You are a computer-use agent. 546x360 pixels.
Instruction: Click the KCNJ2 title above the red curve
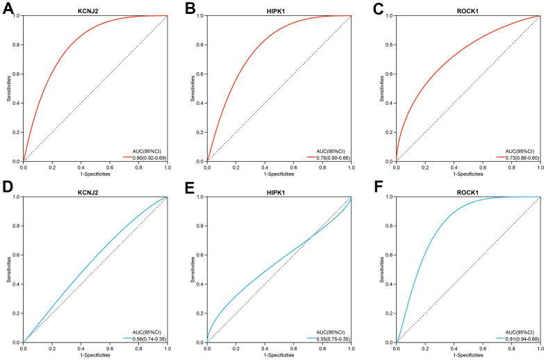tap(96, 7)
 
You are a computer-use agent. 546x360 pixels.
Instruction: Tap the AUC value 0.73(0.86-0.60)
tap(519, 158)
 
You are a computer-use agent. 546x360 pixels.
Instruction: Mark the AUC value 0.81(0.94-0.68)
tap(519, 339)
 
